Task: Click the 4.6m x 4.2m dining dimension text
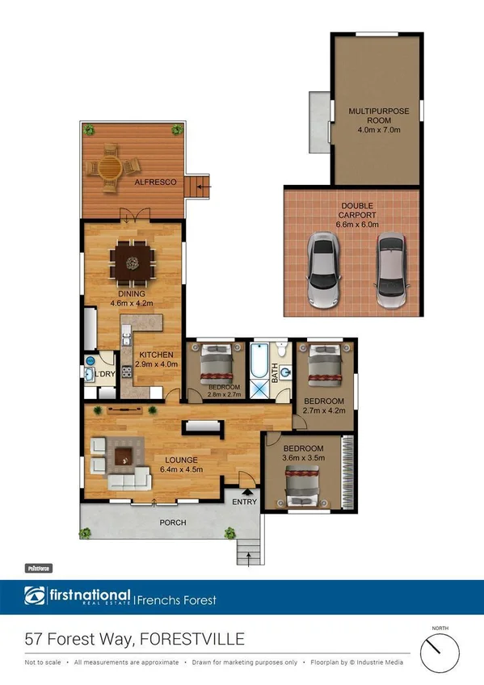pos(132,304)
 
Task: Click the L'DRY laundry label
pos(105,375)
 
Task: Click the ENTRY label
pos(244,502)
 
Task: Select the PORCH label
pos(172,523)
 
